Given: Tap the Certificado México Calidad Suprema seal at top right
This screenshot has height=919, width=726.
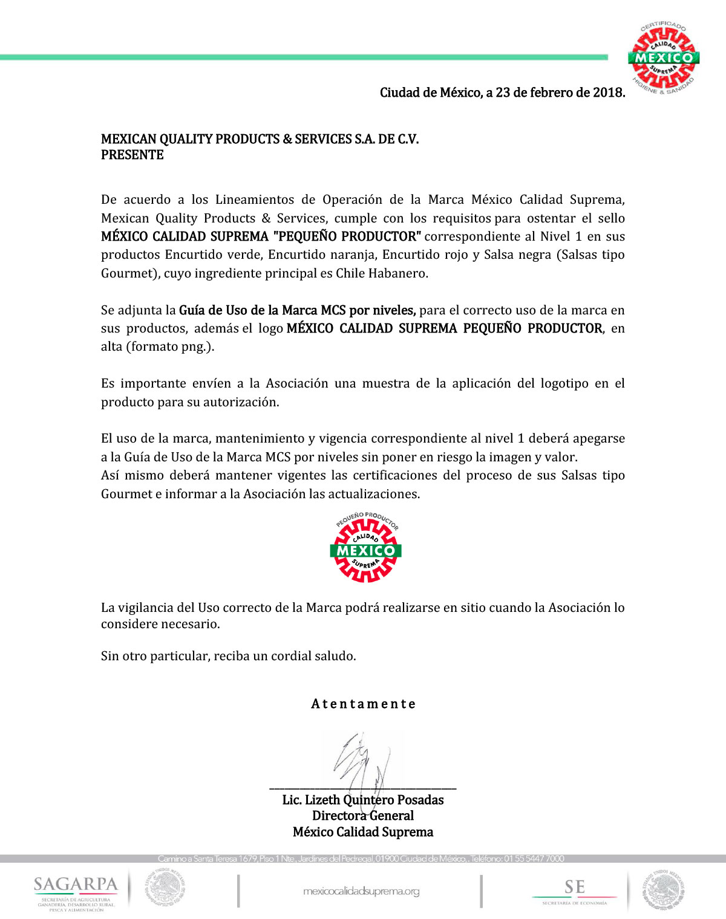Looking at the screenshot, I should click(664, 58).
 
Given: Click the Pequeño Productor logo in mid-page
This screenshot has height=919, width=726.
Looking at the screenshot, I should click(365, 548).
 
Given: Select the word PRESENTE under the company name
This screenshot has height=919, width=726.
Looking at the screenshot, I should click(132, 155).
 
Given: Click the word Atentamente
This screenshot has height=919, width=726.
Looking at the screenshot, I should click(363, 704).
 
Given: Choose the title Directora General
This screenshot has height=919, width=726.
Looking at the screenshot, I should click(363, 816).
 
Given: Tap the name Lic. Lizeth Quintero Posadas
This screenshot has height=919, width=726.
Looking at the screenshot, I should click(363, 800).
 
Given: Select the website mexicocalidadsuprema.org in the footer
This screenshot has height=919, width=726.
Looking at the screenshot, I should click(361, 891).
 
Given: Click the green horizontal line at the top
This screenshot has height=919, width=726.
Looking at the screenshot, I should click(302, 57).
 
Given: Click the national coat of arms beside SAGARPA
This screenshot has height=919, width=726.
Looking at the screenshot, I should click(165, 888).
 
